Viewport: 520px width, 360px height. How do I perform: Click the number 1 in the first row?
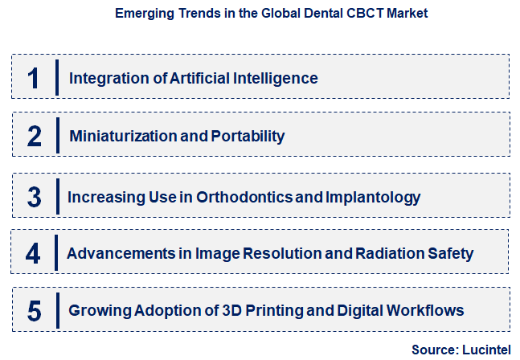pos(34,78)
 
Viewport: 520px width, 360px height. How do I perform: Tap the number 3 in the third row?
pos(34,196)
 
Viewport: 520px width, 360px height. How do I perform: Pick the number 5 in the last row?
pos(34,310)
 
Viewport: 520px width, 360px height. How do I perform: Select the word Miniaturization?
pos(123,136)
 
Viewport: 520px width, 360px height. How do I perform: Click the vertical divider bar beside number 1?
pos(58,77)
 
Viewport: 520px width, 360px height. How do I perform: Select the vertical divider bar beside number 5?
pos(58,309)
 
